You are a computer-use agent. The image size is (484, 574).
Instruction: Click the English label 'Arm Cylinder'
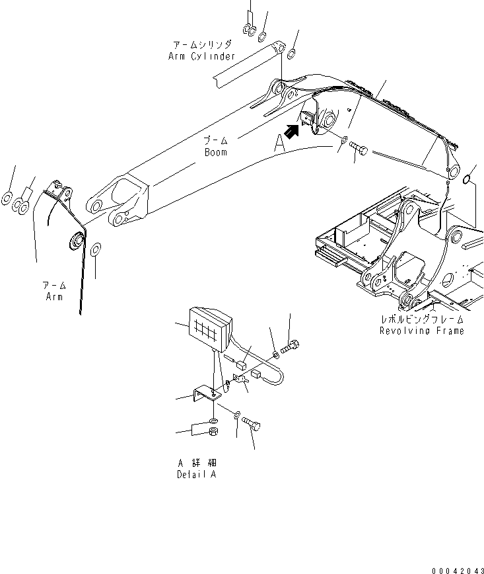tap(201, 56)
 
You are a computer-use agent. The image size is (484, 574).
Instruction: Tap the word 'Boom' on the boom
tap(215, 152)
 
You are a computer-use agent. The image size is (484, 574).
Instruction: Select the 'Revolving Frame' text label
tap(421, 331)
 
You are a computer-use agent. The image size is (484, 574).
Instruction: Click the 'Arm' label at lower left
tap(53, 297)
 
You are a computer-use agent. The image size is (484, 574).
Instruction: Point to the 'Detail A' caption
tap(196, 475)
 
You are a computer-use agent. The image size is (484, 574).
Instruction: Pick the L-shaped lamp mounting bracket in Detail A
tap(204, 400)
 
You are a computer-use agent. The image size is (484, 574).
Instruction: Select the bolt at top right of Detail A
tap(290, 345)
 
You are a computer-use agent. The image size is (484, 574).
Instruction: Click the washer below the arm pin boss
tap(95, 249)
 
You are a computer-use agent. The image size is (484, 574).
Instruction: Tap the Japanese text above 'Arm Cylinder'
tap(202, 45)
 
